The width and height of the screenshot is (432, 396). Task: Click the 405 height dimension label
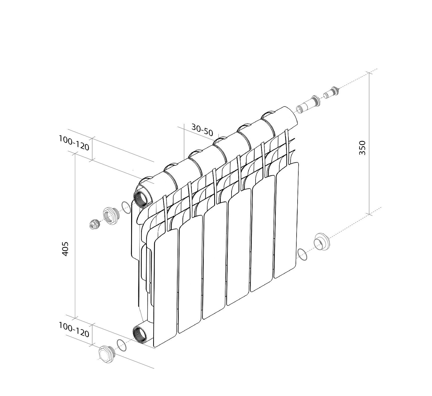point(65,249)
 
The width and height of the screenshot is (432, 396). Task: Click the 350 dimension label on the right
point(362,148)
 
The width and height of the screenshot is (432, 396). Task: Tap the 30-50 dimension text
point(202,130)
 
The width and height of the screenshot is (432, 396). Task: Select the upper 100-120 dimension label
point(74,143)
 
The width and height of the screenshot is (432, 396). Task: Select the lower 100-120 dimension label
point(74,330)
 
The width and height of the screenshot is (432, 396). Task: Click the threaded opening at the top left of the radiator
point(141,199)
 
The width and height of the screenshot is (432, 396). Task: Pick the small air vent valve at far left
point(94,224)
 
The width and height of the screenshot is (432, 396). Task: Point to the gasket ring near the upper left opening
point(126,208)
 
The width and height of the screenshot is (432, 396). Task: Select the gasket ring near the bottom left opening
point(122,345)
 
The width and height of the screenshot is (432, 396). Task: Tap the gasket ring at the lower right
point(302,254)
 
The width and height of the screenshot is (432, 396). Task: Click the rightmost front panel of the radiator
point(286,221)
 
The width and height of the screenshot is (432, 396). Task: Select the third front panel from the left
point(215,261)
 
